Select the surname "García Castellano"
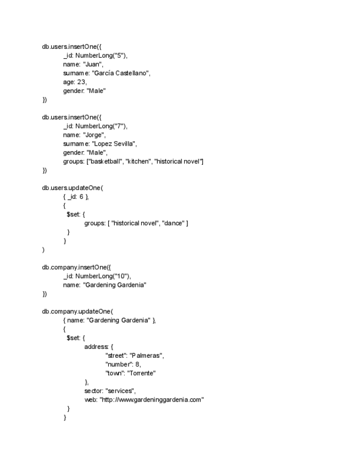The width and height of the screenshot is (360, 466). pos(120,73)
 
